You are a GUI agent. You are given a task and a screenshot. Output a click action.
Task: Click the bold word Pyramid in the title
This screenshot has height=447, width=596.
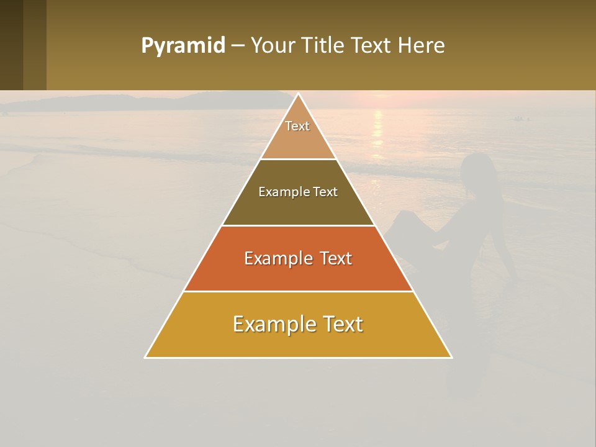[183, 45]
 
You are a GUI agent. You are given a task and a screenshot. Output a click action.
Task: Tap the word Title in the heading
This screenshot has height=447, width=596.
[325, 45]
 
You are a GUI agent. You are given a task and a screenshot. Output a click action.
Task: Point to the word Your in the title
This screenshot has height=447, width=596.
[274, 45]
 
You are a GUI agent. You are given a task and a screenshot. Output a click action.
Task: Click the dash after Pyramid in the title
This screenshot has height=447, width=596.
[237, 46]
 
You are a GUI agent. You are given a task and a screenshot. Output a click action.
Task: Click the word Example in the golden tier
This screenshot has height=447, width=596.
[271, 324]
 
